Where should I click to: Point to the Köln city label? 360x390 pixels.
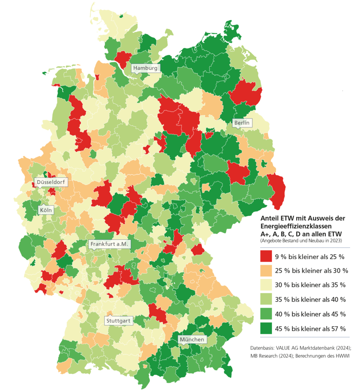(x=46, y=210)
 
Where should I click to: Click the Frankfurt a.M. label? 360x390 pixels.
(x=110, y=244)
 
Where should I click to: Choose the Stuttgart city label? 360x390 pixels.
(x=118, y=320)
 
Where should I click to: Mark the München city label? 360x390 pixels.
(x=192, y=340)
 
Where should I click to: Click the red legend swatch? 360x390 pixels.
(x=266, y=257)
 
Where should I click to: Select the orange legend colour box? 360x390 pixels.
(x=266, y=271)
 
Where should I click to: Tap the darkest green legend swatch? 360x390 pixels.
(x=266, y=329)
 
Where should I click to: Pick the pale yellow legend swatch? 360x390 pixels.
(x=266, y=285)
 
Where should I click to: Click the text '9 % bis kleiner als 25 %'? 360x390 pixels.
(x=310, y=257)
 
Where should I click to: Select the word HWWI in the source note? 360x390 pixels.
(x=342, y=357)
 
